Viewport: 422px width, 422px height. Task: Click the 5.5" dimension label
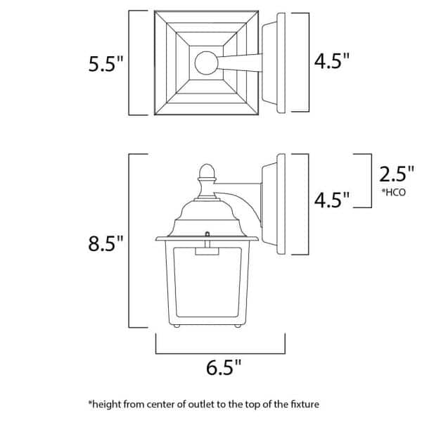(105, 64)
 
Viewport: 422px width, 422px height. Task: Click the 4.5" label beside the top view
(332, 62)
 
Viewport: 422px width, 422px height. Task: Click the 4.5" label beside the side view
(332, 200)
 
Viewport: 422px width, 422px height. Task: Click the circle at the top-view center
(207, 63)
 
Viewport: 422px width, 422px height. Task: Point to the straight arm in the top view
(239, 63)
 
